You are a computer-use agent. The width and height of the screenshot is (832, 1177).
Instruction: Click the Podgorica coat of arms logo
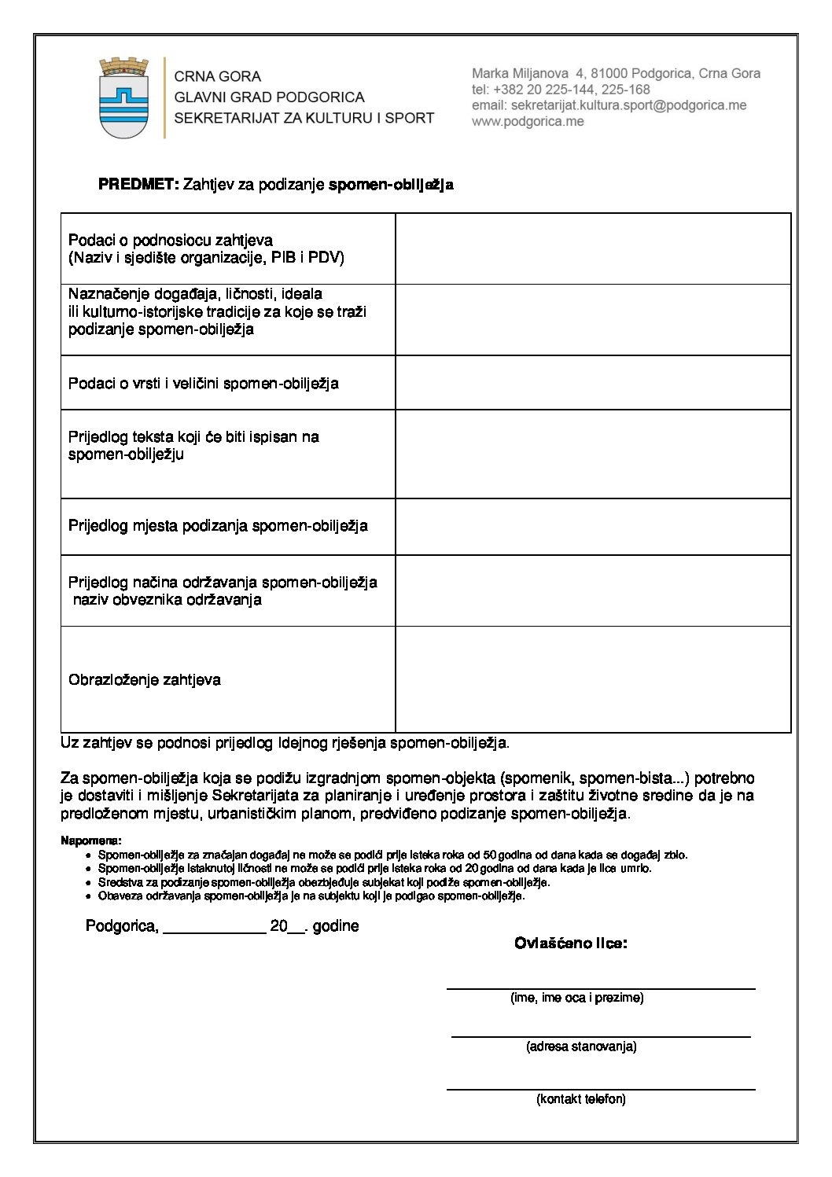[x=123, y=98]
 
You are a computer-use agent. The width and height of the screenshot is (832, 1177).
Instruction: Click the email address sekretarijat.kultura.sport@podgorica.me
[x=609, y=105]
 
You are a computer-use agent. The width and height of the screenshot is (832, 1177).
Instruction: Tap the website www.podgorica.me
[x=528, y=122]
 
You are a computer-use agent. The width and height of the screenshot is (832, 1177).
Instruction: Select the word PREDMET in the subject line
[x=138, y=185]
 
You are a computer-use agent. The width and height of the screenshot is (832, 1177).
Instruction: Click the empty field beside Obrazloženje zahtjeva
[x=592, y=679]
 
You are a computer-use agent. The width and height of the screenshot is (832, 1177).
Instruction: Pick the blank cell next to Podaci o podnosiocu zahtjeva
[x=592, y=248]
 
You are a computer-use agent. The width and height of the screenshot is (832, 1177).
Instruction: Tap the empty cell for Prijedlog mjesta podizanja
[x=592, y=526]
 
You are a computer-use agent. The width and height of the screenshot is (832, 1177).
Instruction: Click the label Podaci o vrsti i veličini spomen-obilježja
[x=204, y=384]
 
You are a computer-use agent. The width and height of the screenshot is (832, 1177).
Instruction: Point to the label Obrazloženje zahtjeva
[x=145, y=680]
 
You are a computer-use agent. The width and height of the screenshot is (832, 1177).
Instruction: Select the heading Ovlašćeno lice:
[x=571, y=943]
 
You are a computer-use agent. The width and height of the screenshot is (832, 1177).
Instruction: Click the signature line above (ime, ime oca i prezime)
[x=601, y=988]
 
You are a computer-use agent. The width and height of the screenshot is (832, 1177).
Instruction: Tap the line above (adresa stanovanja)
[x=601, y=1036]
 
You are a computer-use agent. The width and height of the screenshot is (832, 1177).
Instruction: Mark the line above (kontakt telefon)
[x=601, y=1089]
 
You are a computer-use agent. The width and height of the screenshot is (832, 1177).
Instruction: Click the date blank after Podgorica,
[x=213, y=928]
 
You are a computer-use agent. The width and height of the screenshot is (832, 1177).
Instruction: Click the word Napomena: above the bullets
[x=90, y=840]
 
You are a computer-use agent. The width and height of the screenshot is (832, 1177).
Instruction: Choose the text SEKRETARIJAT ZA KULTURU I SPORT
[x=304, y=118]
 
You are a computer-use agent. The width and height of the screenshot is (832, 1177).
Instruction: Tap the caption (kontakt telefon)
[x=581, y=1099]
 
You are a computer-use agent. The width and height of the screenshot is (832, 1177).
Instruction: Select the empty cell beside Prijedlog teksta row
[x=592, y=454]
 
